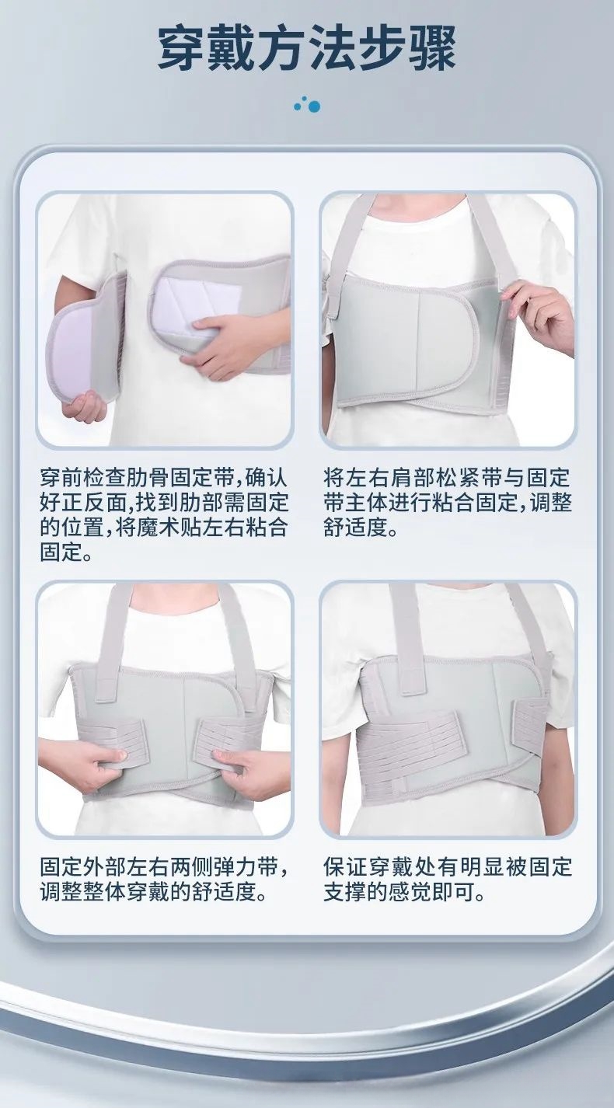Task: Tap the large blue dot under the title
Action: pos(313,106)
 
